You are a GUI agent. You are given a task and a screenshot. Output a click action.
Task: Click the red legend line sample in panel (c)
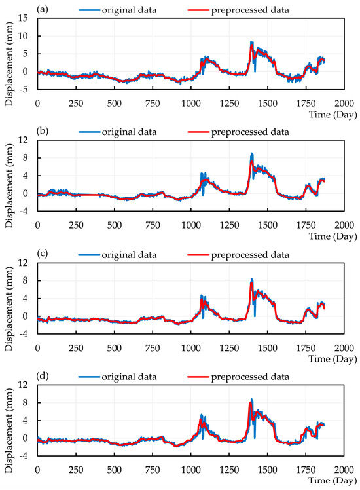(x=196, y=254)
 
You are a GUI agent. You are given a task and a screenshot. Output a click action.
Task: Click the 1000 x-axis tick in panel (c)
(x=190, y=348)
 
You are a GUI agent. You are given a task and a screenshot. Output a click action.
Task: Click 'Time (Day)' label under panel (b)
(x=334, y=236)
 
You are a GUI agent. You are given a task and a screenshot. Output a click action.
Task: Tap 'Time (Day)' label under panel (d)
(x=334, y=481)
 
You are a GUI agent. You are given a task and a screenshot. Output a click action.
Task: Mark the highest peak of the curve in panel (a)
(x=251, y=42)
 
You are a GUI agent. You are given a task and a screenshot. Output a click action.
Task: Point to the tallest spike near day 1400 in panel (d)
(x=251, y=400)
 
